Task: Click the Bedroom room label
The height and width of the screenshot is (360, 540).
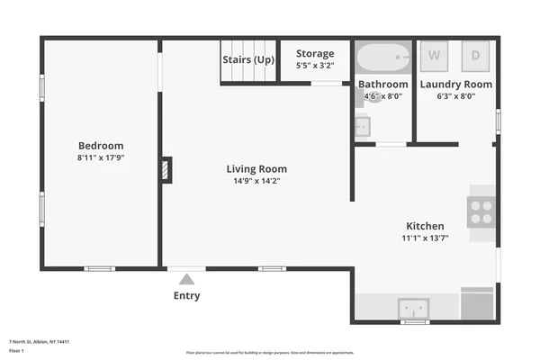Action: [101, 145]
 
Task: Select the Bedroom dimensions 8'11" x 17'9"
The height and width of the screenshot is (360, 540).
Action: [101, 157]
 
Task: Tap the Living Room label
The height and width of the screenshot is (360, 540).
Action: [256, 168]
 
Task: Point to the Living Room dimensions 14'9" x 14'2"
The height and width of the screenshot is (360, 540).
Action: [256, 180]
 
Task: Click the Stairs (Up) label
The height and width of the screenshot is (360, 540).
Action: [248, 59]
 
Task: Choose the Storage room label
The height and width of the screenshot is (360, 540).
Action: [315, 53]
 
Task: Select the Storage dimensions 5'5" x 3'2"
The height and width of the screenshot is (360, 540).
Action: [315, 66]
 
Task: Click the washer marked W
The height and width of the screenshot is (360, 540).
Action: [435, 55]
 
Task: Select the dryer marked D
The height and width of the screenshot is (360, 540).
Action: [475, 55]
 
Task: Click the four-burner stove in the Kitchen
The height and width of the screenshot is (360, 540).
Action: [481, 211]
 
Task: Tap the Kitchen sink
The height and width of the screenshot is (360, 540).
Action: [414, 308]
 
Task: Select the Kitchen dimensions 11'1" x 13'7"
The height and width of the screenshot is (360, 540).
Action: [425, 238]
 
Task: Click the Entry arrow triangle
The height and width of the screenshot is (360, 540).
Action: [186, 279]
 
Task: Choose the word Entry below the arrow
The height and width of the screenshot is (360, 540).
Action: [186, 295]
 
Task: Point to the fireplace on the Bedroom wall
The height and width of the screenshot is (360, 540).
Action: [166, 170]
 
